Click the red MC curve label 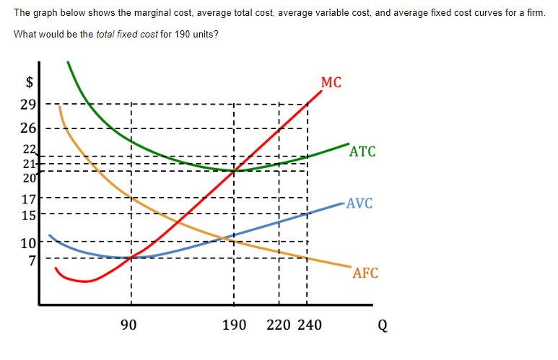tap(331, 82)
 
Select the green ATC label tap(362, 152)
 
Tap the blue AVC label tap(359, 203)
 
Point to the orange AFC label tap(365, 273)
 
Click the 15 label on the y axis tap(30, 214)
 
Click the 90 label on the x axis tap(128, 325)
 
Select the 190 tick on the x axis tap(234, 325)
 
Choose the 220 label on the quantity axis tap(279, 325)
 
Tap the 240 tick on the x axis tap(310, 325)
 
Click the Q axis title tap(382, 325)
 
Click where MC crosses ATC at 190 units tap(235, 170)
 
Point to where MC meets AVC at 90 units tap(131, 257)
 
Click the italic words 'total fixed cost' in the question tap(124, 35)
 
